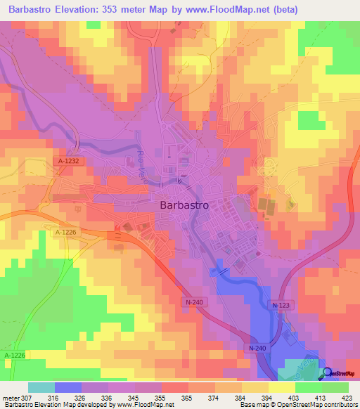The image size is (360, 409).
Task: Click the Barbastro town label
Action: (184, 206)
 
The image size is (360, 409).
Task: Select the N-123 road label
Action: (282, 305)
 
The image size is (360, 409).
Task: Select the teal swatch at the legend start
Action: (41, 387)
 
